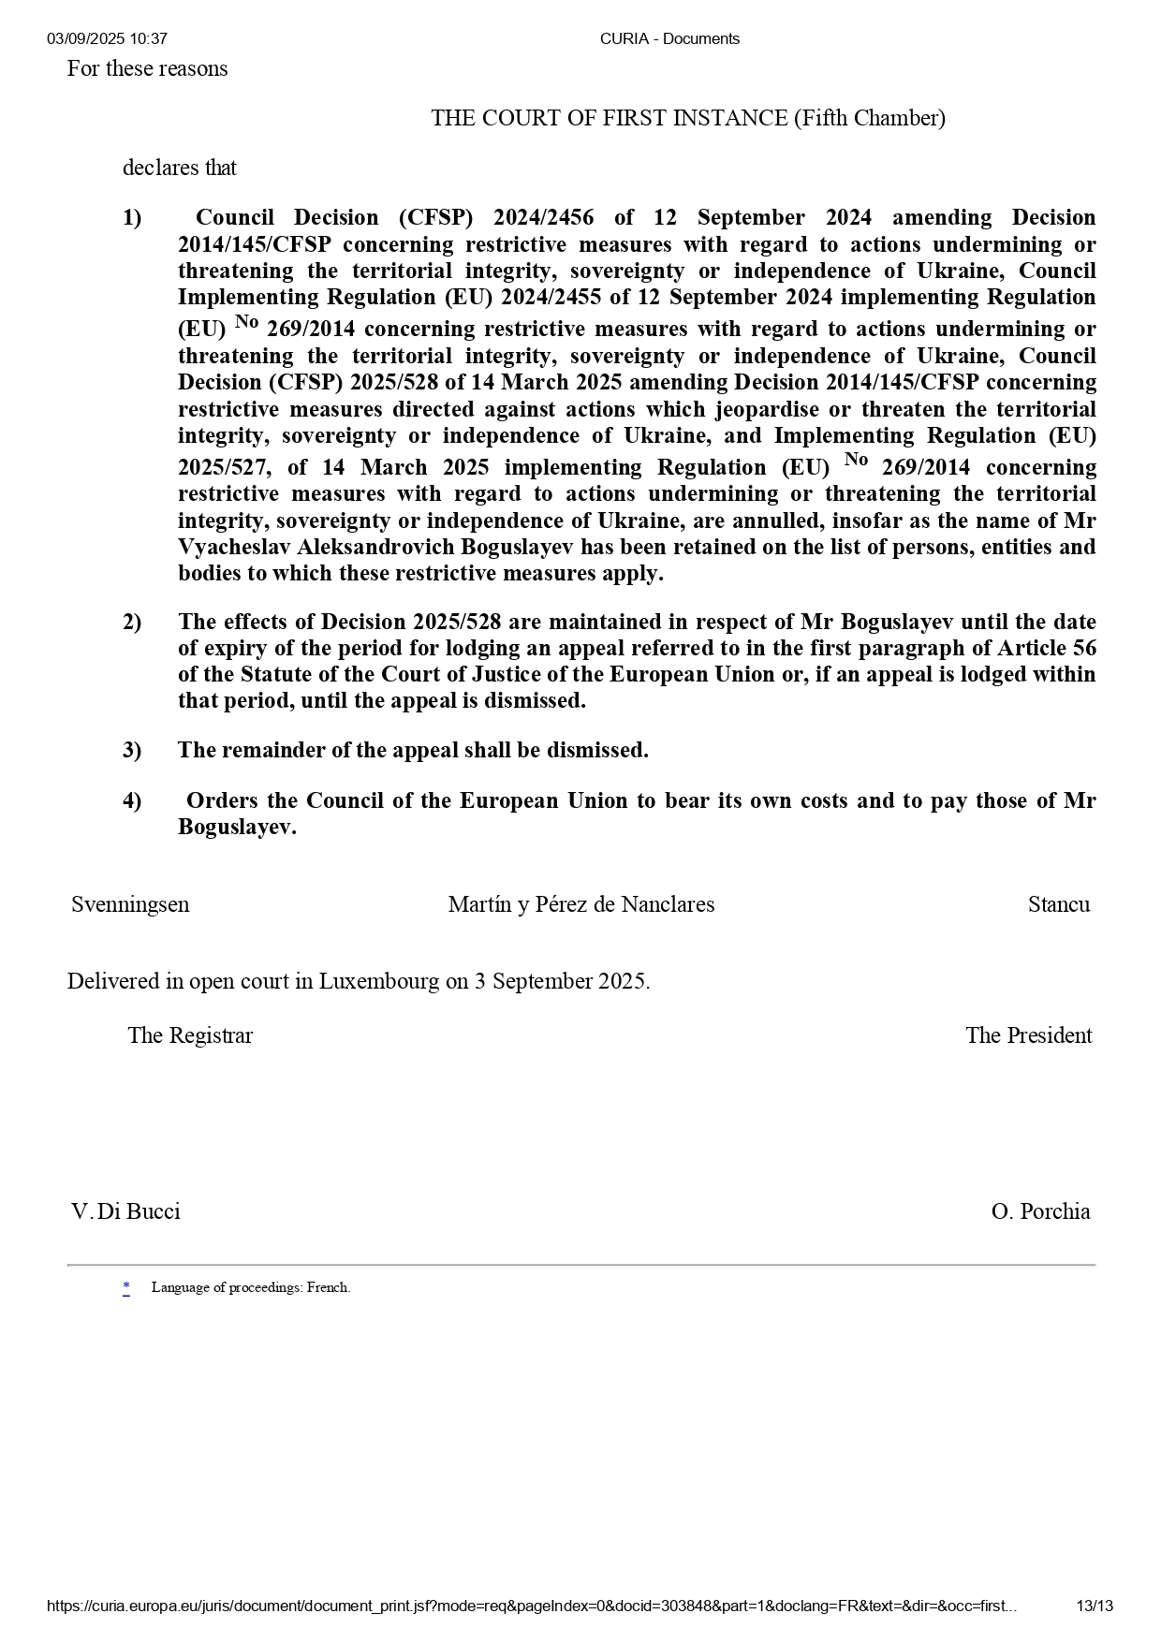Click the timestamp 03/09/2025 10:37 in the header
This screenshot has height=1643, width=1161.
click(107, 38)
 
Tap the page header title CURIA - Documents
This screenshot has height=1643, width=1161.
click(669, 38)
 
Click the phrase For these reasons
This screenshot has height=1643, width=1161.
click(147, 68)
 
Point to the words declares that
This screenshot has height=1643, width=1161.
click(179, 168)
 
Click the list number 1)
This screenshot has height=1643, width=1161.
click(132, 217)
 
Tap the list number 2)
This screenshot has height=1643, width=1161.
click(132, 622)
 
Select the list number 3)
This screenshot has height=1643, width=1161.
click(132, 750)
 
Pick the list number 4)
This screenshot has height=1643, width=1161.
click(132, 800)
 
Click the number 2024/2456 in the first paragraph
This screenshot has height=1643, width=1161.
click(543, 217)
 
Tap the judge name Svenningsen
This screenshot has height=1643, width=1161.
click(130, 904)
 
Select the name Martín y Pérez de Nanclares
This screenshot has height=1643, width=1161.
click(580, 904)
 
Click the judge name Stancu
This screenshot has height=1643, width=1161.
click(1058, 904)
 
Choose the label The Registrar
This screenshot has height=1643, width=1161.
click(190, 1035)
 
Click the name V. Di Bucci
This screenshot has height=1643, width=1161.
click(125, 1211)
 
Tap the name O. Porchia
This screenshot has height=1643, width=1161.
click(1040, 1211)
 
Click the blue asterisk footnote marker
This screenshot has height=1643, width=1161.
click(126, 1287)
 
